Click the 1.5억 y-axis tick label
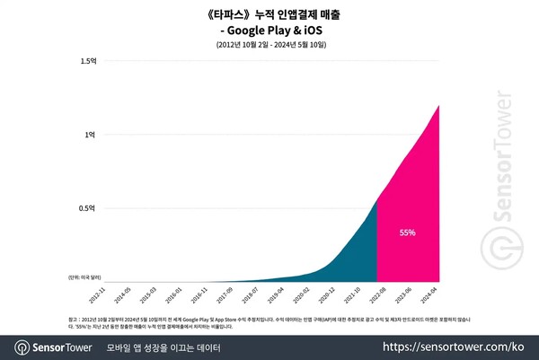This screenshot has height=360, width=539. tap(88, 61)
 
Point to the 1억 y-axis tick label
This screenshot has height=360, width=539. tap(90, 135)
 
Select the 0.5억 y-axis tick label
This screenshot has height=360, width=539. tap(88, 208)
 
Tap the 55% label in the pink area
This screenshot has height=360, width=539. tap(407, 233)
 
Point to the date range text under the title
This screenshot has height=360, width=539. tap(269, 44)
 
